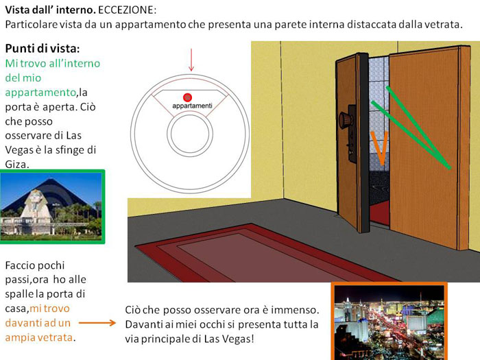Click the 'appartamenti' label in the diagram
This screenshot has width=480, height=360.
pos(192,106)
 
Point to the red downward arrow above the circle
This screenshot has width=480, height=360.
pos(191,60)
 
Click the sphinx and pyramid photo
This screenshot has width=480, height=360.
pos(52,206)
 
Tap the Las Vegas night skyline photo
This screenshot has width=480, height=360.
pos(389,322)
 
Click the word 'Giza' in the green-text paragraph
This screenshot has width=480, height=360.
pos(18,165)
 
